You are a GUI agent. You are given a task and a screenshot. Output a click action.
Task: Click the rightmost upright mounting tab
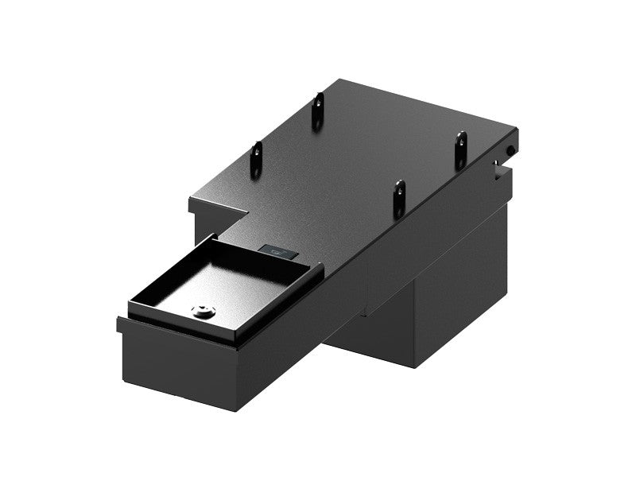point(460,149)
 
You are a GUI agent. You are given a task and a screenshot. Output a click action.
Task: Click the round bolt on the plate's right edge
point(509,150)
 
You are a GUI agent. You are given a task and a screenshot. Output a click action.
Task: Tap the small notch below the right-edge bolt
point(498,166)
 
